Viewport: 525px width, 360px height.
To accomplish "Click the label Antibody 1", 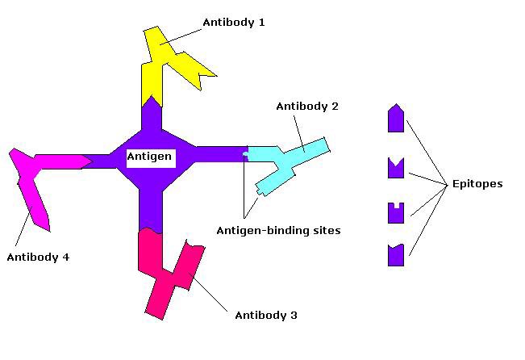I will click(234, 23).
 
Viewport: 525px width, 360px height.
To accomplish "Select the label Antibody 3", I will click(265, 315).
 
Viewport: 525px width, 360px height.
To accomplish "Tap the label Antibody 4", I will click(38, 257).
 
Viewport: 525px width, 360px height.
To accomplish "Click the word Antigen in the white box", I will click(149, 156).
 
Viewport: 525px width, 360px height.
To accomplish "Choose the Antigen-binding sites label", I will click(278, 230).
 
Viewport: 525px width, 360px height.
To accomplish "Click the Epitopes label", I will click(476, 184).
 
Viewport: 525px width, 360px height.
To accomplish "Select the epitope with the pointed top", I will click(395, 119).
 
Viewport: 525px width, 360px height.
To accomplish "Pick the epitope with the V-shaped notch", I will click(395, 170).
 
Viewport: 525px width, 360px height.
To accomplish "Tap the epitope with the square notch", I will click(395, 213).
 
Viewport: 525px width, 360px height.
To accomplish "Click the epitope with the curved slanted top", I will click(395, 255).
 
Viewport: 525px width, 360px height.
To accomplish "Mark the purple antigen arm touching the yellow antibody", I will click(152, 117).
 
